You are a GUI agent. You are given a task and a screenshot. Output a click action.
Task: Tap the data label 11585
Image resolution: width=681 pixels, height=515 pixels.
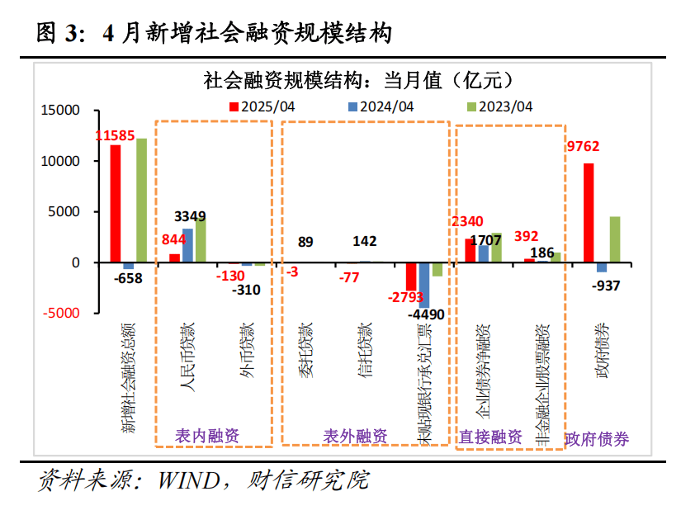pos(116,135)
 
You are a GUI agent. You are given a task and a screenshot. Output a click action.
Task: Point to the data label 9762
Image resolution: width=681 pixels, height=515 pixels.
pos(583,147)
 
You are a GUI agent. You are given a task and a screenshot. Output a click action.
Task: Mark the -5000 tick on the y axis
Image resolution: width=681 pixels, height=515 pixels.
pos(62,313)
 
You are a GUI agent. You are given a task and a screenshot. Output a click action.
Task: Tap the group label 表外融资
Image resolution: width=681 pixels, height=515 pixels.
pos(354,436)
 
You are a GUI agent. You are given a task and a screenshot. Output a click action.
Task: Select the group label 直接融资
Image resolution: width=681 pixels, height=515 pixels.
pos(490,437)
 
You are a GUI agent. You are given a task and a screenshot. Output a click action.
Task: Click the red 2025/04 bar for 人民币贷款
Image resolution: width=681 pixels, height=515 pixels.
pos(174,257)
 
